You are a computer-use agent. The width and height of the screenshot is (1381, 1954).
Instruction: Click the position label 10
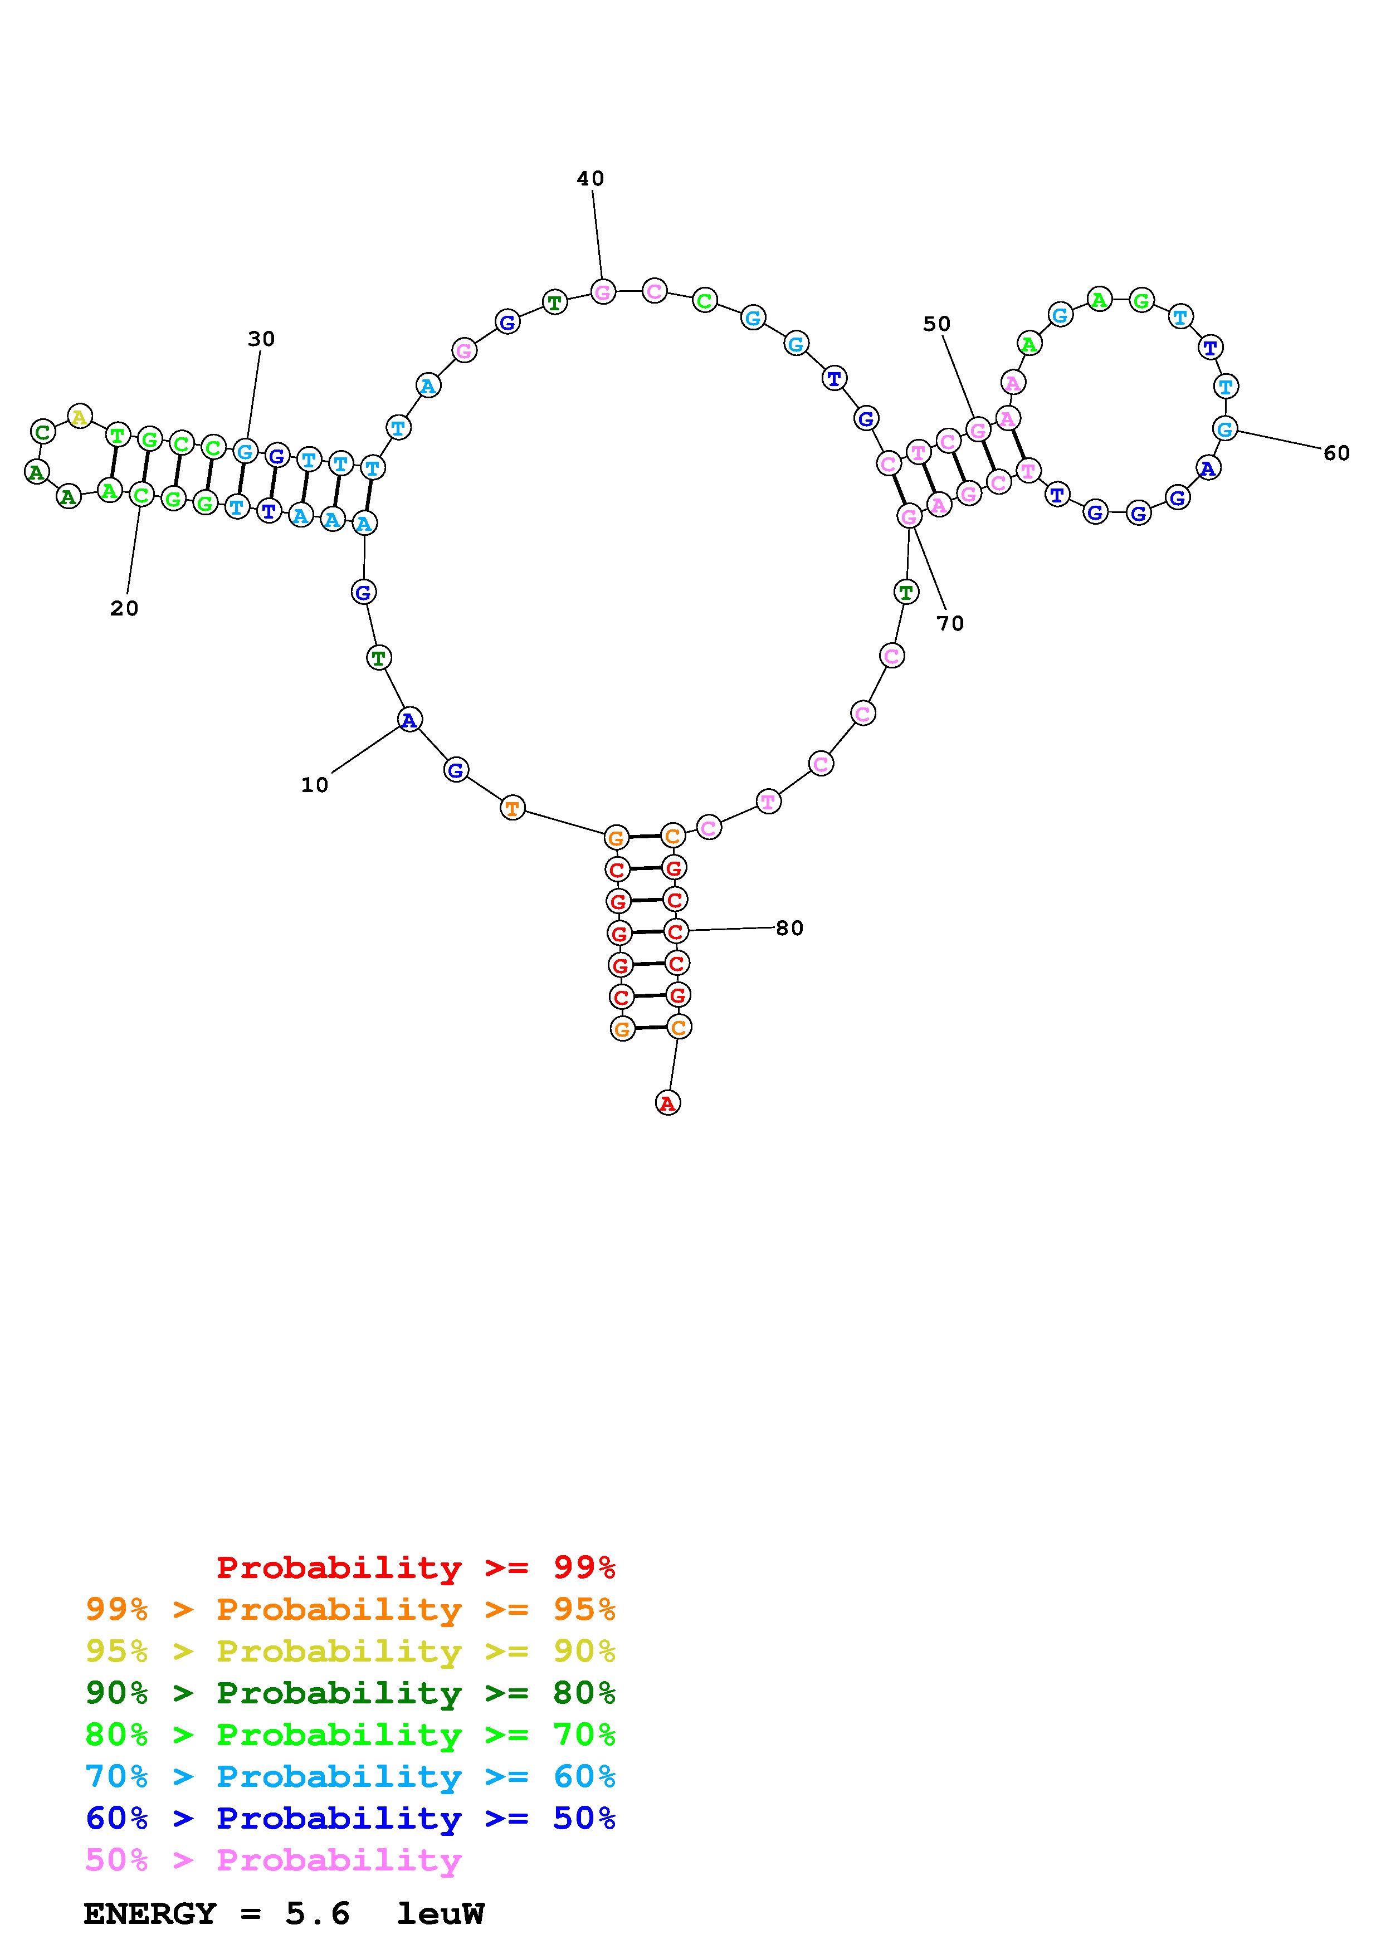pos(314,785)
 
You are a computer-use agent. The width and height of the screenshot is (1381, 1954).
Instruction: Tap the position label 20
pos(124,608)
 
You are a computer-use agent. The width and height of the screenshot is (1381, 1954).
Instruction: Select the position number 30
pos(261,339)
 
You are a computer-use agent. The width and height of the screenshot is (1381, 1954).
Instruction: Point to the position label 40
pos(591,179)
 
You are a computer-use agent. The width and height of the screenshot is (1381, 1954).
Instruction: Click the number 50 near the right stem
pos(937,324)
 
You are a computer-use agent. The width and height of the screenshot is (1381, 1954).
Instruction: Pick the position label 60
pos(1337,453)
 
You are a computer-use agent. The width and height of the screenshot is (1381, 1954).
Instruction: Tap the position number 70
pos(950,624)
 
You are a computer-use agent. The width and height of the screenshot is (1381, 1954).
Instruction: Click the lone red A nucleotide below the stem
pos(668,1103)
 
